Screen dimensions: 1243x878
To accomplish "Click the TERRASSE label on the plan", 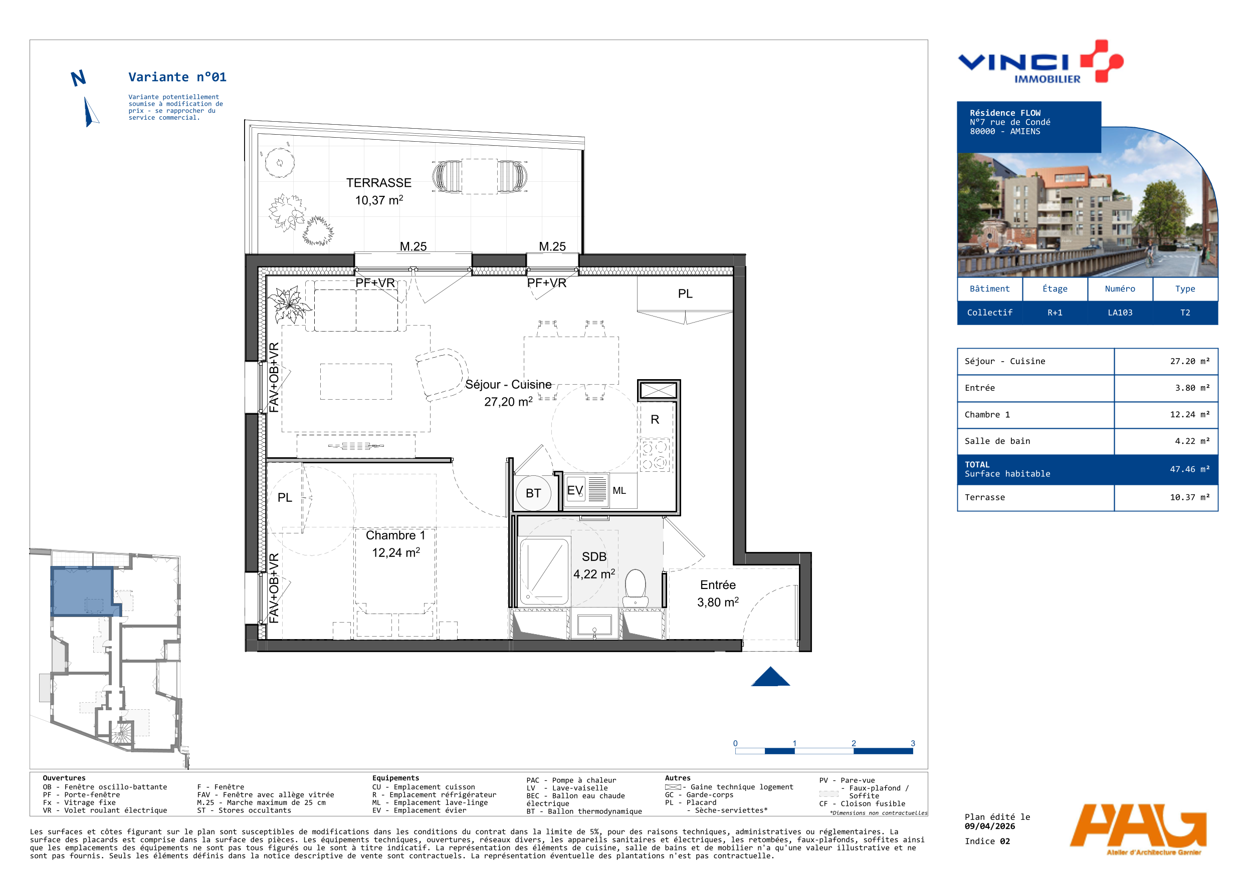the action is (379, 183).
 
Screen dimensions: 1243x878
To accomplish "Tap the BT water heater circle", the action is (533, 493).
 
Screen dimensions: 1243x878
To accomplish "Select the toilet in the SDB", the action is (636, 588).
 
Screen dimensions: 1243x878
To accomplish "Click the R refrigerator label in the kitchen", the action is (655, 419).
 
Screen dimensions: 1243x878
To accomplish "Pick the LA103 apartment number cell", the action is (1120, 313).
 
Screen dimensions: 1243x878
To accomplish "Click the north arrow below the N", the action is (90, 112).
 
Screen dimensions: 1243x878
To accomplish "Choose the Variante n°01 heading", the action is (177, 77).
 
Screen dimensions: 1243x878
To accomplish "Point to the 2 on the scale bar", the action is (854, 743).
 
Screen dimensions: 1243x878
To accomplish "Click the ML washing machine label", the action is (619, 491).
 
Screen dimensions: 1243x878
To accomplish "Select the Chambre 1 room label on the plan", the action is (395, 535).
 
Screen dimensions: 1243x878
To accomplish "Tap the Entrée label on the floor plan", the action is (718, 585).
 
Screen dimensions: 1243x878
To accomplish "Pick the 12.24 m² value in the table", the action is (1189, 414).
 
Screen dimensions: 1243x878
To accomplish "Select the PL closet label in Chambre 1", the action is (285, 497).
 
